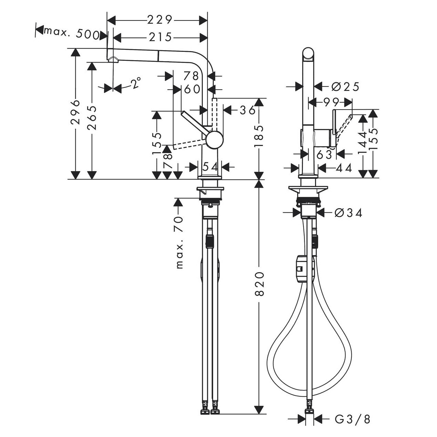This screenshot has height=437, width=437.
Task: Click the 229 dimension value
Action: click(x=160, y=20)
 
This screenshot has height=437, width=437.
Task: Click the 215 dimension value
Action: click(x=160, y=37)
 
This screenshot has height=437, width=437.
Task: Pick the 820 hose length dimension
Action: click(x=259, y=284)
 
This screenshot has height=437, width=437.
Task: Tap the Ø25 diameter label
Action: click(x=345, y=87)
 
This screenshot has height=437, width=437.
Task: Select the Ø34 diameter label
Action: click(x=349, y=213)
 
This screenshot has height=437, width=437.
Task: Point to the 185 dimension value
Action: click(x=259, y=136)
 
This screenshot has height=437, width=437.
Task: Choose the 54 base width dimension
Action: click(x=210, y=167)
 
